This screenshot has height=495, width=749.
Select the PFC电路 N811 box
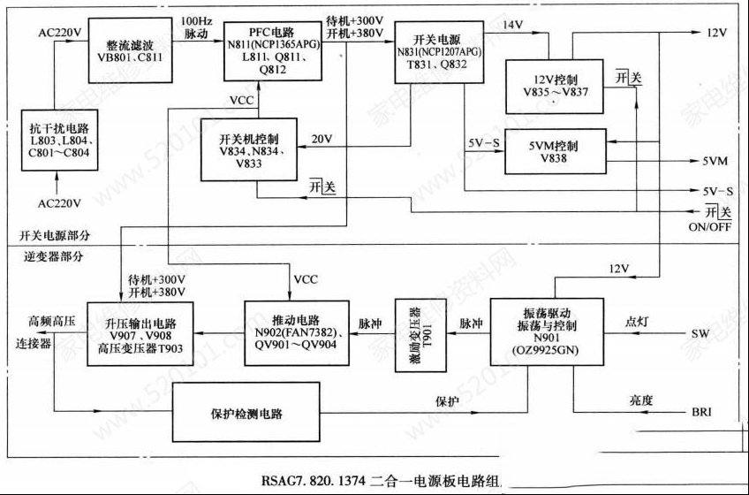pyautogui.click(x=270, y=50)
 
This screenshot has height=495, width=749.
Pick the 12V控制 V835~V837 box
pyautogui.click(x=555, y=87)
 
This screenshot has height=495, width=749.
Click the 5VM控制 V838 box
pyautogui.click(x=555, y=151)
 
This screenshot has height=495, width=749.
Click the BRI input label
pyautogui.click(x=703, y=413)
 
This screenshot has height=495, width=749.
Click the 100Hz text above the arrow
pyautogui.click(x=195, y=19)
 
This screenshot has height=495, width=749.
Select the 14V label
pyautogui.click(x=512, y=25)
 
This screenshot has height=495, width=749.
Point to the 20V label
pyautogui.click(x=322, y=139)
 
